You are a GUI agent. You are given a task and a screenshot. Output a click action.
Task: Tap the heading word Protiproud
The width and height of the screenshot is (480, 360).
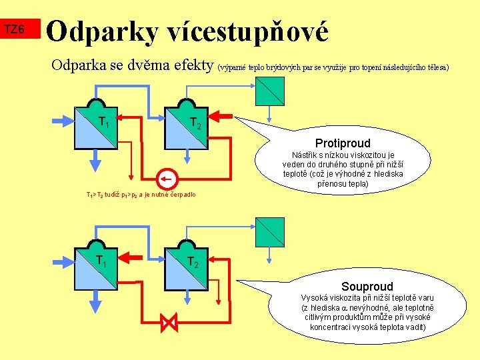point(343,143)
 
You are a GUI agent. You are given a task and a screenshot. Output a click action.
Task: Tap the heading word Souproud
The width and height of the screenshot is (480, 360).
point(367,287)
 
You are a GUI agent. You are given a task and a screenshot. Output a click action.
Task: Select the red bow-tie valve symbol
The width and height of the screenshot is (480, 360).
point(169,324)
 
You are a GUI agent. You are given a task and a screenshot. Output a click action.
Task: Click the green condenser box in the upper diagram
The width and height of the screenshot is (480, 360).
point(269,91)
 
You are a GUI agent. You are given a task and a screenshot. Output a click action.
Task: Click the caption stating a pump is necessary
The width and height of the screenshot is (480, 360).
point(141,195)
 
